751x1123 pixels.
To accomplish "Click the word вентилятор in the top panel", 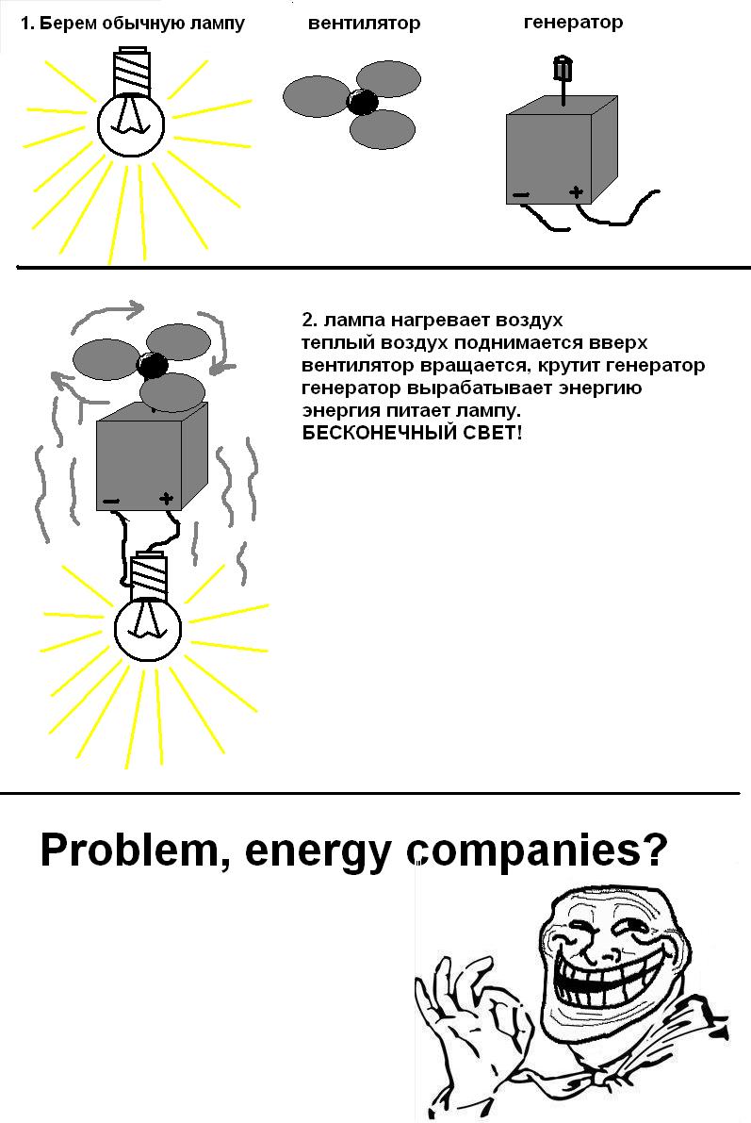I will point(364,23).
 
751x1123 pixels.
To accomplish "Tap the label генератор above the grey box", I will point(573,22).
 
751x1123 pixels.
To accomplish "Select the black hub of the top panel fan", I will point(363,102).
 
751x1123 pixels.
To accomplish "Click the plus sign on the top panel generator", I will point(576,192).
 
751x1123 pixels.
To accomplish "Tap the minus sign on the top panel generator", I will point(520,196).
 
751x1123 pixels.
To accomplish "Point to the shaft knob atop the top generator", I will point(563,69).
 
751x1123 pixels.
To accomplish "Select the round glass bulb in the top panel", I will point(132,122).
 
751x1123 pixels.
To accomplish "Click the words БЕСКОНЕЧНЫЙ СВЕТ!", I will point(412,433).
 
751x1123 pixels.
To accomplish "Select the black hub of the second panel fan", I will point(154,364).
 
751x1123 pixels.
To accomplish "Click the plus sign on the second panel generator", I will point(167,497).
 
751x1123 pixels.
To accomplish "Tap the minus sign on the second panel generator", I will point(111,500).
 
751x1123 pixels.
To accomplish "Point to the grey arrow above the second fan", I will point(111,310).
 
